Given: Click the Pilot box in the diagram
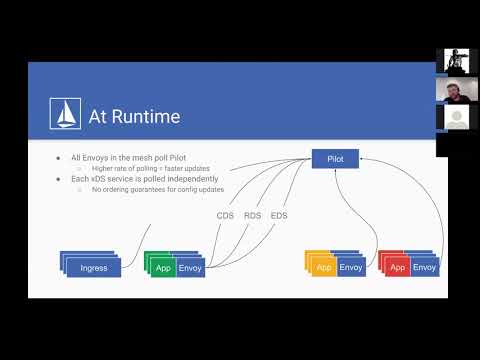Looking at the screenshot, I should tap(335, 159).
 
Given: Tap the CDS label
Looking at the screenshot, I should tap(225, 215).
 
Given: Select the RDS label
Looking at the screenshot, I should tap(252, 215).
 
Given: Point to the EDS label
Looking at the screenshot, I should tap(279, 215).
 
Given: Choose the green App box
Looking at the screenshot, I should tap(162, 268).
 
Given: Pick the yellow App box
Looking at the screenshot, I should tap(322, 268).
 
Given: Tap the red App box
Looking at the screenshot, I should tap(397, 268).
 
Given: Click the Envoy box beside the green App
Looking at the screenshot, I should tap(190, 268).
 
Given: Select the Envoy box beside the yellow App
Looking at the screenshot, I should tap(351, 268).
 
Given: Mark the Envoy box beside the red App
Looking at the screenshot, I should tap(424, 268).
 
